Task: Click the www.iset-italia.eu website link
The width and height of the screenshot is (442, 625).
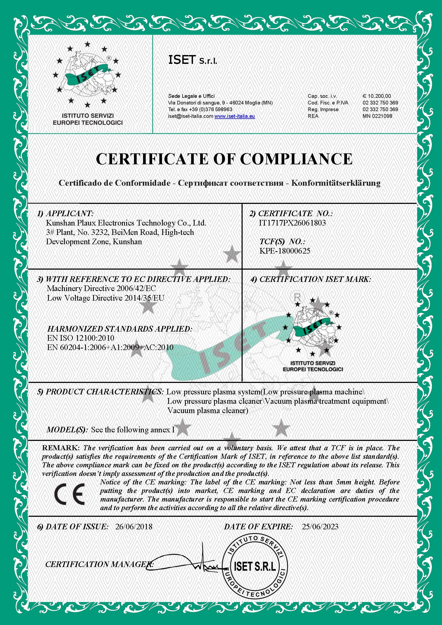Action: tap(234, 116)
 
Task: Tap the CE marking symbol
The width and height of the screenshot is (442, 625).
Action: tap(69, 494)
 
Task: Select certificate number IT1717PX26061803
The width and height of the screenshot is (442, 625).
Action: tap(292, 223)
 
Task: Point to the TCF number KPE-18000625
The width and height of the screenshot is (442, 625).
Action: tap(285, 251)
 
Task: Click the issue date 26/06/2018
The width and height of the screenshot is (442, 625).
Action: tap(134, 526)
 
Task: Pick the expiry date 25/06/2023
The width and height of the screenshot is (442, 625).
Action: tap(320, 526)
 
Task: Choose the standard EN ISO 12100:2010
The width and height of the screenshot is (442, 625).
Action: tap(81, 338)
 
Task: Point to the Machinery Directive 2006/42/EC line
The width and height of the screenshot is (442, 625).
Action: tap(101, 288)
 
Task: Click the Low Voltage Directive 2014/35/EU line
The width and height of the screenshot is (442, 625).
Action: tap(106, 298)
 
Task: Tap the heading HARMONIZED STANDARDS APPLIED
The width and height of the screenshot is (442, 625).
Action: tap(120, 329)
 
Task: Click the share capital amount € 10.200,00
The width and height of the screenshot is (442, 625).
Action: tap(376, 96)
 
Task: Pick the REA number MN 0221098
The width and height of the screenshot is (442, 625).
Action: tap(377, 116)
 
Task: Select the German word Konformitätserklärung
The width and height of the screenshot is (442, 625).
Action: tap(336, 183)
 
